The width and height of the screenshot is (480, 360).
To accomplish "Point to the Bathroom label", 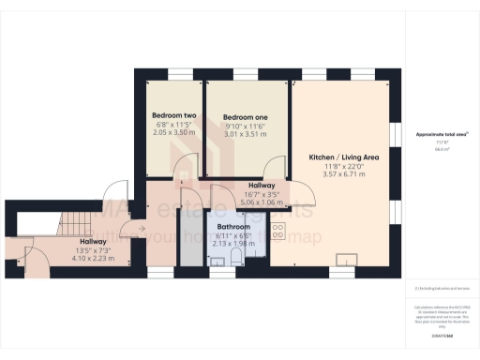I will point(233,227).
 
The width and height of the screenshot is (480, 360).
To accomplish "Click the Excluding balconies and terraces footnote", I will point(441,289).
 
